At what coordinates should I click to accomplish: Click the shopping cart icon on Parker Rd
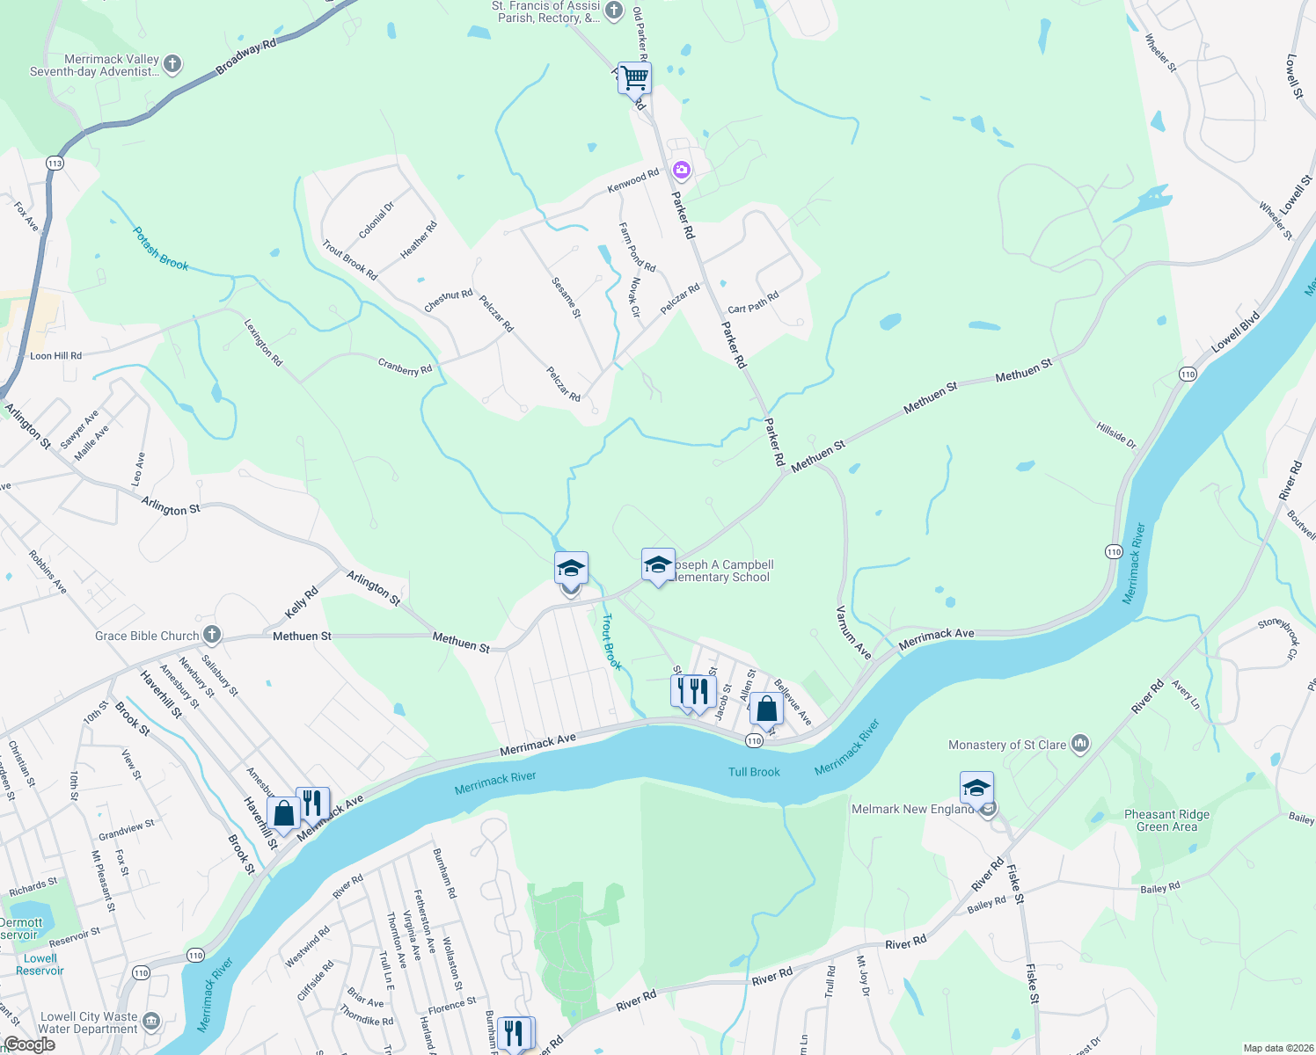[x=634, y=77]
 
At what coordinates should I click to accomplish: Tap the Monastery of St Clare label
[x=1006, y=745]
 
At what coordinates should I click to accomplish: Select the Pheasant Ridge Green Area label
[x=1166, y=820]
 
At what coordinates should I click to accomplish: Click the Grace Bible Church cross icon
[x=211, y=635]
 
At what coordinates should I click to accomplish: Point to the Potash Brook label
[x=160, y=249]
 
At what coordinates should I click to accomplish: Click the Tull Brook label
[x=754, y=772]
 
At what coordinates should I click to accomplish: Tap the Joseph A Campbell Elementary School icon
[x=658, y=565]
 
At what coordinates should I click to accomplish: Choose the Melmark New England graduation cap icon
[x=976, y=788]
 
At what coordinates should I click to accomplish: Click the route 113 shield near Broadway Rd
[x=55, y=164]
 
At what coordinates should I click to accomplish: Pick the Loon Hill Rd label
[x=55, y=356]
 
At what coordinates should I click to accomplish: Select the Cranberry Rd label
[x=405, y=367]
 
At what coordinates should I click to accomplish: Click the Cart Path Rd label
[x=753, y=303]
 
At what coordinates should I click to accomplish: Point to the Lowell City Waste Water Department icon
[x=151, y=1021]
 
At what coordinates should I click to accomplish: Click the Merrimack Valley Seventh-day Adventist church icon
[x=172, y=63]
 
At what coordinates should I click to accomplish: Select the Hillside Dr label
[x=1116, y=435]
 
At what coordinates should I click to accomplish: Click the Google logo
[x=29, y=1044]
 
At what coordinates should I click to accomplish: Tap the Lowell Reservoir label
[x=40, y=964]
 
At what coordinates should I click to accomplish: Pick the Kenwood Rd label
[x=632, y=182]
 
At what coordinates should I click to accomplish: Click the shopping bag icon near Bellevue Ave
[x=766, y=708]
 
